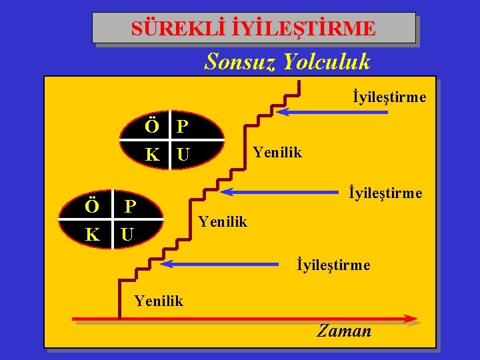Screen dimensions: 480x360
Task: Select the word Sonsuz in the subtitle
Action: (x=241, y=62)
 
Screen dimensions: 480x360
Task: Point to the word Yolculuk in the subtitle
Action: (x=327, y=62)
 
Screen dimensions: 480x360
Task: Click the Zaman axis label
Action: (x=344, y=331)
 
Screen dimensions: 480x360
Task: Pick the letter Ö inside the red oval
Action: (x=153, y=125)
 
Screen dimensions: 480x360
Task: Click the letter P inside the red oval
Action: (x=182, y=125)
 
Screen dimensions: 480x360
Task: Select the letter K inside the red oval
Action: (x=153, y=155)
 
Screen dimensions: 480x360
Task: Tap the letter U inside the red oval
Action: (x=183, y=155)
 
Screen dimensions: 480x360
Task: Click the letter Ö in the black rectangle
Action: (x=92, y=205)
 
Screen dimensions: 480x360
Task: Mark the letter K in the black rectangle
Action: (x=92, y=235)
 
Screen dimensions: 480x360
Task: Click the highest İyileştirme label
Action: (x=389, y=97)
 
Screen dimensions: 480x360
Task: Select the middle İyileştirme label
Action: (x=385, y=193)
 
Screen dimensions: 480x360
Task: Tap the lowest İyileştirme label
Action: (x=333, y=265)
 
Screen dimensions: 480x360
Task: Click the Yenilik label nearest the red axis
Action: (x=158, y=301)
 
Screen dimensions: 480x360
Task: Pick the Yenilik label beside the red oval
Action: (x=277, y=153)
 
